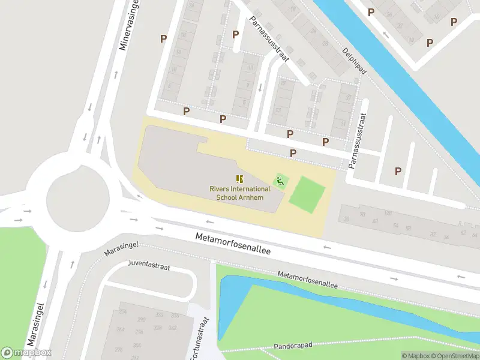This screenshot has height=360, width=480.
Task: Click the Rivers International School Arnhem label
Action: click(x=240, y=193)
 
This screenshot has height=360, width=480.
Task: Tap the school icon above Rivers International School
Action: click(x=239, y=179)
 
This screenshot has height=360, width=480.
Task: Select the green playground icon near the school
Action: click(x=279, y=181)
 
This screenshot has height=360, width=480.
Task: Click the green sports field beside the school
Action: click(x=307, y=194)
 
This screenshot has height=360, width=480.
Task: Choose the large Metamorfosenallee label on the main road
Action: click(x=233, y=245)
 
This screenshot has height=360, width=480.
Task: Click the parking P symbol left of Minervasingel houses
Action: click(x=163, y=38)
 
